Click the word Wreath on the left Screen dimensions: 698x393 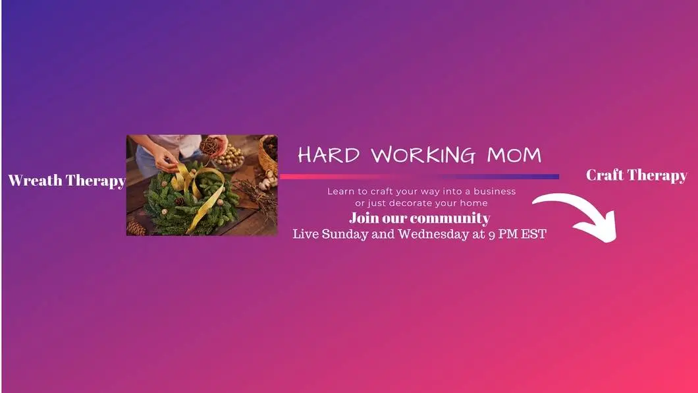click(35, 180)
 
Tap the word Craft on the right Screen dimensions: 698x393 click(605, 175)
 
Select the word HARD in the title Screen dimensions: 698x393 click(329, 154)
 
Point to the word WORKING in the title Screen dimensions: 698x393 click(423, 154)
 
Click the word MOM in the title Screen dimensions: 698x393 click(514, 155)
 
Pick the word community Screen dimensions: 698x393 click(450, 218)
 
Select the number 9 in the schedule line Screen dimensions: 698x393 click(491, 235)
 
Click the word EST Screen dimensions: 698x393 click(533, 234)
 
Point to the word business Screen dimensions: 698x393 click(495, 191)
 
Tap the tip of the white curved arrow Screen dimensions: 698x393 click(614, 241)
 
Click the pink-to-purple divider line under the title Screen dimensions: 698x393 click(419, 177)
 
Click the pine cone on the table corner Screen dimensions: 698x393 click(136, 229)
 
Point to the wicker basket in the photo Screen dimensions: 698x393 click(269, 153)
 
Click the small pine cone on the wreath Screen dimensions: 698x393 click(179, 201)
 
